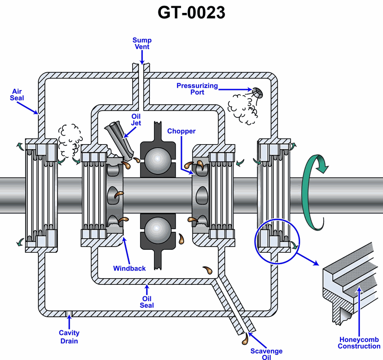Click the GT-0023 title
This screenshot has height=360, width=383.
(191, 13)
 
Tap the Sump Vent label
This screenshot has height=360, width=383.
(141, 44)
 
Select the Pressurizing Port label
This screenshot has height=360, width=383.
(197, 89)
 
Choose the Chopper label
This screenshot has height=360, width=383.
(181, 131)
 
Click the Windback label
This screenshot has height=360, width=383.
(129, 268)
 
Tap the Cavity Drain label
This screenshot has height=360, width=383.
(69, 337)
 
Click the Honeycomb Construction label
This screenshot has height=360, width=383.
(359, 343)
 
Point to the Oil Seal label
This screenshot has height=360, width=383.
(147, 302)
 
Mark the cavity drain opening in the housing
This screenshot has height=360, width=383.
(69, 314)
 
